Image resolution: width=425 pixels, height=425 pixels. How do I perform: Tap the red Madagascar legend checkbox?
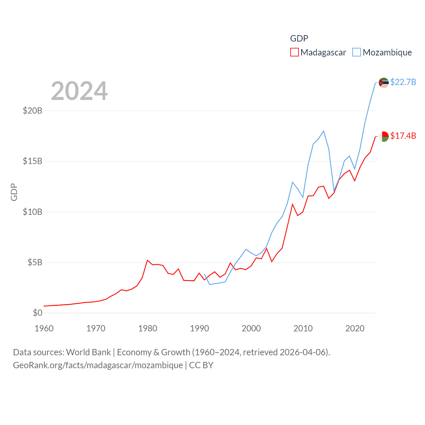(295, 52)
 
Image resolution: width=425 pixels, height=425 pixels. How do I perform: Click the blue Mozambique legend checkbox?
(357, 52)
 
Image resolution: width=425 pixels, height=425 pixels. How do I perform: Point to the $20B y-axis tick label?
(33, 111)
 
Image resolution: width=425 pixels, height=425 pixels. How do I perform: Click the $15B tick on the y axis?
(33, 161)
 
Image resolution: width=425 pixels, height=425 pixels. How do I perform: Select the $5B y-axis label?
(35, 263)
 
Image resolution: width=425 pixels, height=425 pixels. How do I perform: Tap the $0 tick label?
(38, 313)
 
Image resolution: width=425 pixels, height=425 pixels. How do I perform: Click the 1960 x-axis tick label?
(44, 328)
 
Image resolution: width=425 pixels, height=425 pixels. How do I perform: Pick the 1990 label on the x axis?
(200, 328)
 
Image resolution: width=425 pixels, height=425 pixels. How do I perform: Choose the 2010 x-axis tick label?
(303, 328)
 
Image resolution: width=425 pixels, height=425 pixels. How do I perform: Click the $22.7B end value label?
(403, 82)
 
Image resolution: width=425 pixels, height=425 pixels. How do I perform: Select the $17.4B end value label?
(403, 136)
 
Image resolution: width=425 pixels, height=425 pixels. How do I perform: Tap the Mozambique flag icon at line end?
(384, 83)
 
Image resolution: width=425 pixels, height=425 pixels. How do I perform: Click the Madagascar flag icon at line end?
(384, 136)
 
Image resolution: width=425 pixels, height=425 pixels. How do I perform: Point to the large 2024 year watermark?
(79, 91)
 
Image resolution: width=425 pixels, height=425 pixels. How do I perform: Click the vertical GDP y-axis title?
(14, 192)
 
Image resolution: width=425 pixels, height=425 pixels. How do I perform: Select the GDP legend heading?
(299, 39)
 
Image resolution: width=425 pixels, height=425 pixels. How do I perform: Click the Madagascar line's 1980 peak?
(147, 260)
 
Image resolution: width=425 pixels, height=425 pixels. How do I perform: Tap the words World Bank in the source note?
(89, 352)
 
